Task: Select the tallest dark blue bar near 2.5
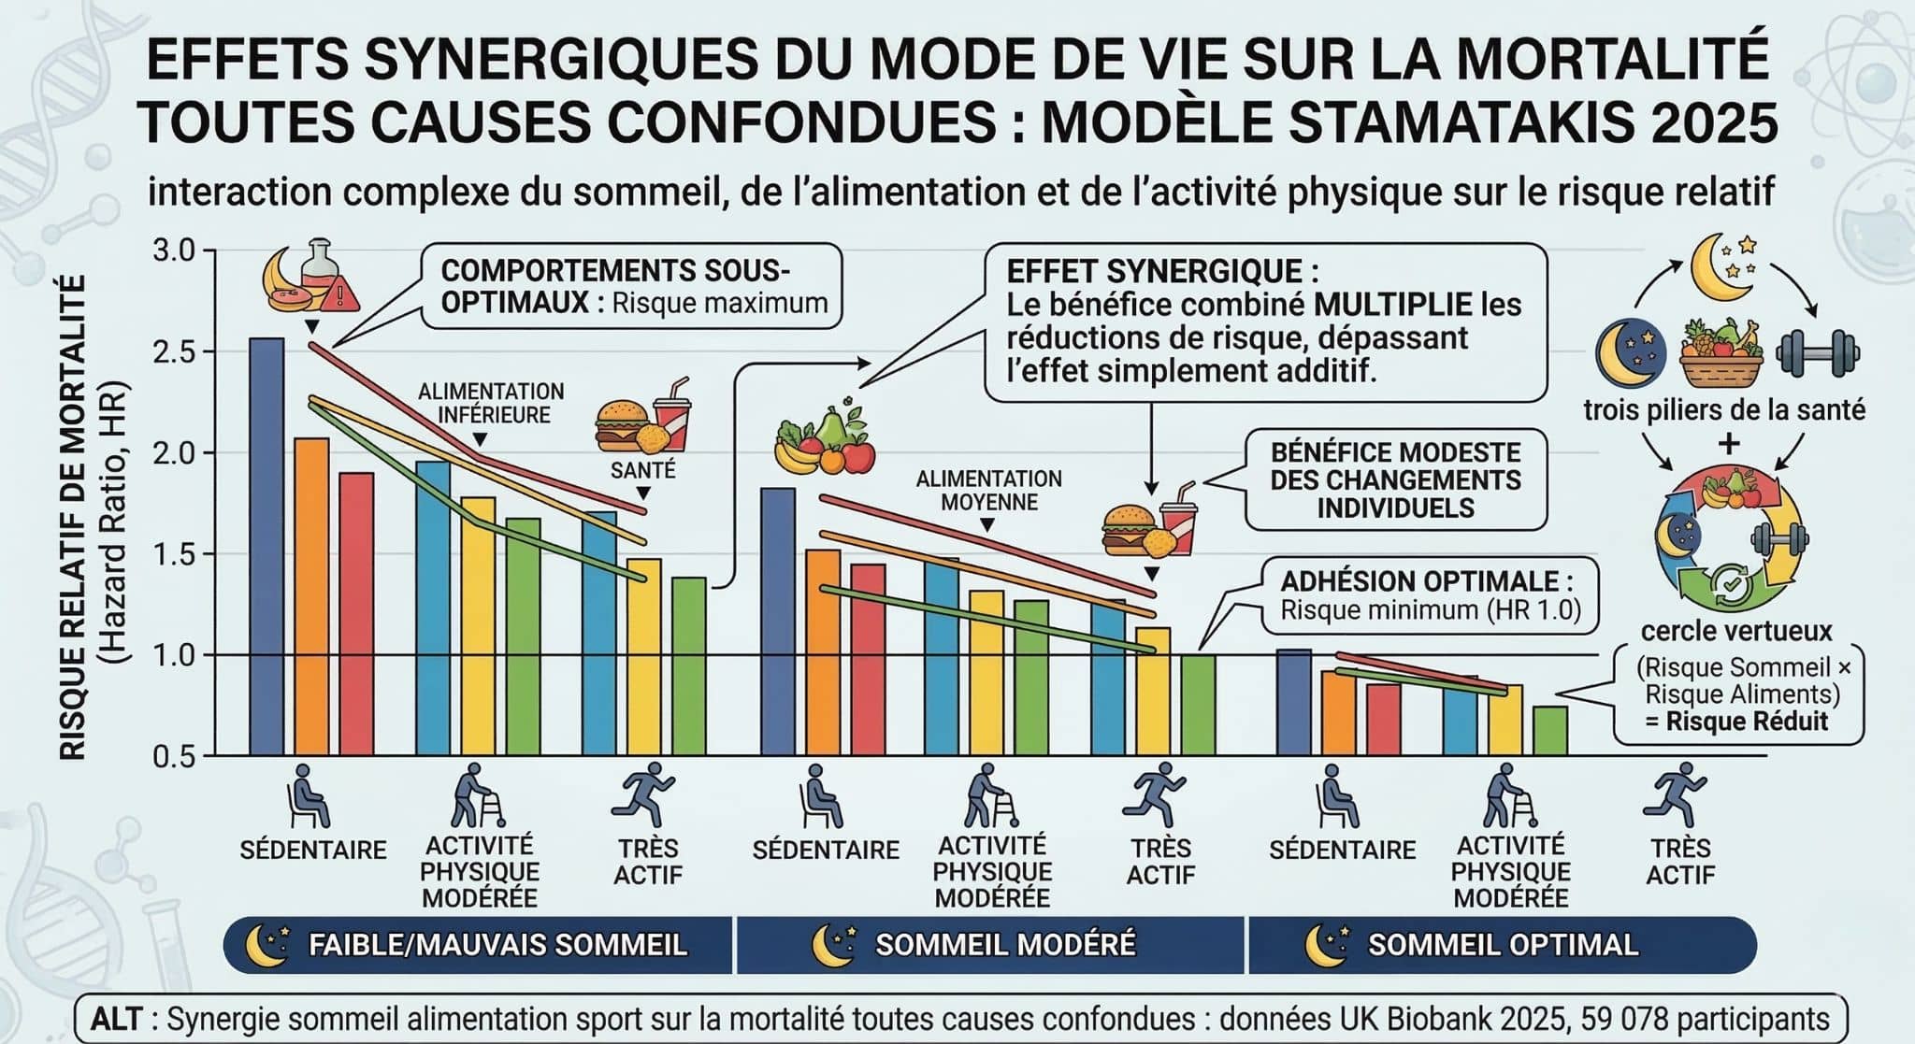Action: coord(266,547)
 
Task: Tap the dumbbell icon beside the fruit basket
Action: coord(1818,352)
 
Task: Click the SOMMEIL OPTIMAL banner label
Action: coord(1503,945)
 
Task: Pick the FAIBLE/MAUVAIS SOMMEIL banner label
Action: coord(497,945)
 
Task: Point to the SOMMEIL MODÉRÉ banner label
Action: coord(1005,945)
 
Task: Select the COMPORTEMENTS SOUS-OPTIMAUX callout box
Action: coord(632,287)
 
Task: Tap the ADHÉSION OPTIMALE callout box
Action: coord(1429,595)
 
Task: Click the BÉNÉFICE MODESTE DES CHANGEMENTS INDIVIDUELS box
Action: coord(1395,480)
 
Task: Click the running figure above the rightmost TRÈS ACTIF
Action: coord(1679,794)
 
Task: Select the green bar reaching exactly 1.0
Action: coord(1198,705)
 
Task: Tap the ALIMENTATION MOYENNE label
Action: coord(988,491)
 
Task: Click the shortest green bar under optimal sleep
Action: coord(1550,731)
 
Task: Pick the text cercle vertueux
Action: coord(1735,631)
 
